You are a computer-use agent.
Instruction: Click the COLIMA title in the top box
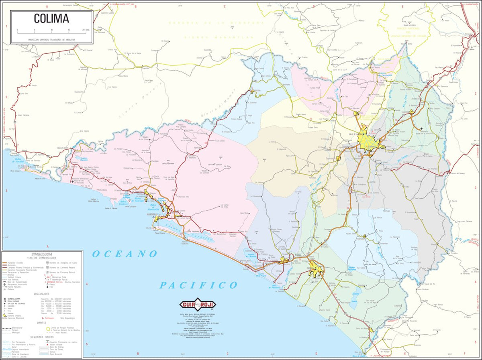click(51, 19)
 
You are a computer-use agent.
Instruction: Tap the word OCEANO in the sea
click(125, 254)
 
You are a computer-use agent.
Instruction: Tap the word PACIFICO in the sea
click(198, 285)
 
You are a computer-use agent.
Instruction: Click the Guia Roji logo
click(197, 305)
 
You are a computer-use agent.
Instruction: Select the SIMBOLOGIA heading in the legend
click(42, 254)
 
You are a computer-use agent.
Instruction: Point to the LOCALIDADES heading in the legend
click(42, 294)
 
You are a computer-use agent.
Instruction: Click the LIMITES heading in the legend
click(42, 322)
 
